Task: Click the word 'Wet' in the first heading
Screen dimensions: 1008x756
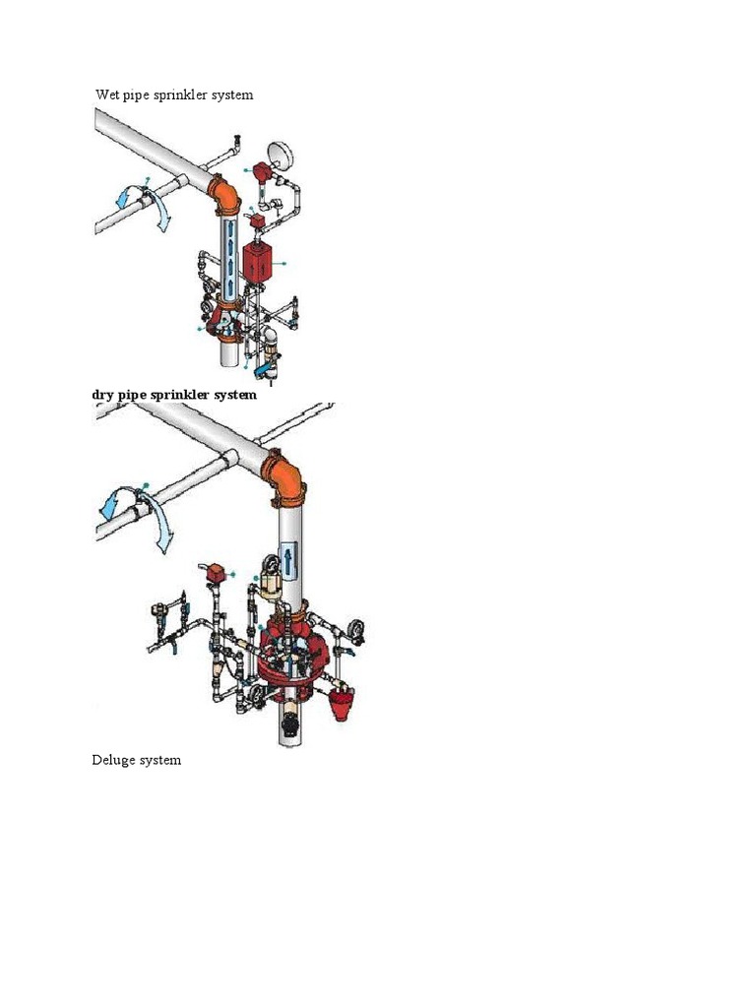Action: tap(106, 95)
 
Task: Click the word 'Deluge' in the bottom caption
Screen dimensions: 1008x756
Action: tap(114, 760)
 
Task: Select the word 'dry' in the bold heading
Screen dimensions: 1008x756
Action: tap(102, 395)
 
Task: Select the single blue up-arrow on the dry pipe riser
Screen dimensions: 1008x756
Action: tap(287, 562)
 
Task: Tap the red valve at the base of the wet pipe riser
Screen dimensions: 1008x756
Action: tap(225, 325)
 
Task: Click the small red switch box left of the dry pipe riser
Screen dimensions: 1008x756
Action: tap(214, 571)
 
